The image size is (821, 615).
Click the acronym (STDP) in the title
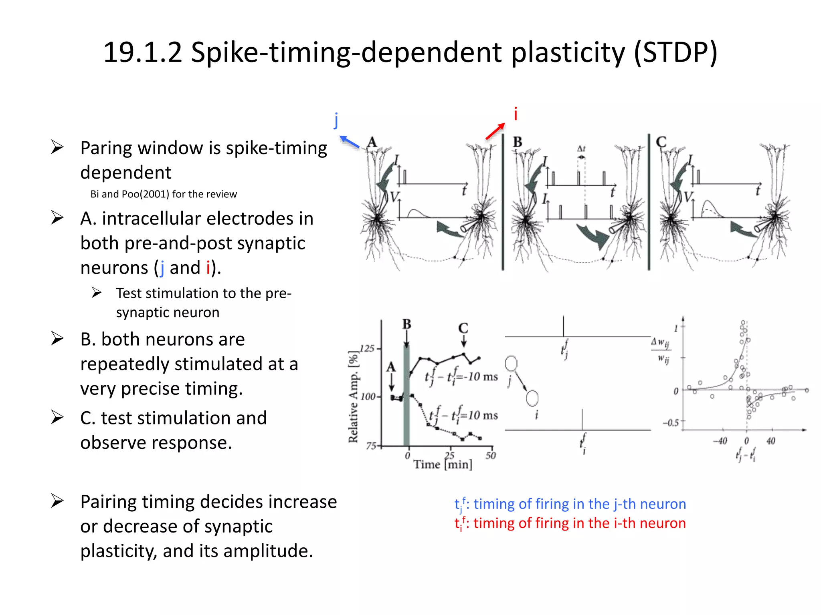[x=675, y=53]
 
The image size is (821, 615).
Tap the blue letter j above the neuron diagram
[x=336, y=120]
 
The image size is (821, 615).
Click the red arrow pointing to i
[x=495, y=131]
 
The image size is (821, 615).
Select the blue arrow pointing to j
[x=349, y=142]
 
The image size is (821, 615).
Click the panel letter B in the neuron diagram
[x=518, y=142]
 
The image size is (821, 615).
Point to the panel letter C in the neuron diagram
[x=661, y=142]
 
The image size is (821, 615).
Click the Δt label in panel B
[x=581, y=149]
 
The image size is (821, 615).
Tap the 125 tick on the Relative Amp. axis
[x=367, y=348]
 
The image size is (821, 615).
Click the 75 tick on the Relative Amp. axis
[x=371, y=446]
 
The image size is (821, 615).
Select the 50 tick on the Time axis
[x=491, y=456]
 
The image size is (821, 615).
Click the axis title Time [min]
[x=443, y=465]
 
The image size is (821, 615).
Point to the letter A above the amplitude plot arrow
[x=391, y=367]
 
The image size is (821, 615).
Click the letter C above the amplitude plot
[x=463, y=328]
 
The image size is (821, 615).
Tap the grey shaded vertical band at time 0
[x=406, y=396]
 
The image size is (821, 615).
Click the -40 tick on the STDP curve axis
[x=720, y=441]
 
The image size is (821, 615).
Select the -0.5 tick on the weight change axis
[x=671, y=423]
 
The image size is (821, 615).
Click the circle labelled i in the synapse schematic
[x=532, y=398]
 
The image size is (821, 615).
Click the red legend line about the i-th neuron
[x=570, y=523]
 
